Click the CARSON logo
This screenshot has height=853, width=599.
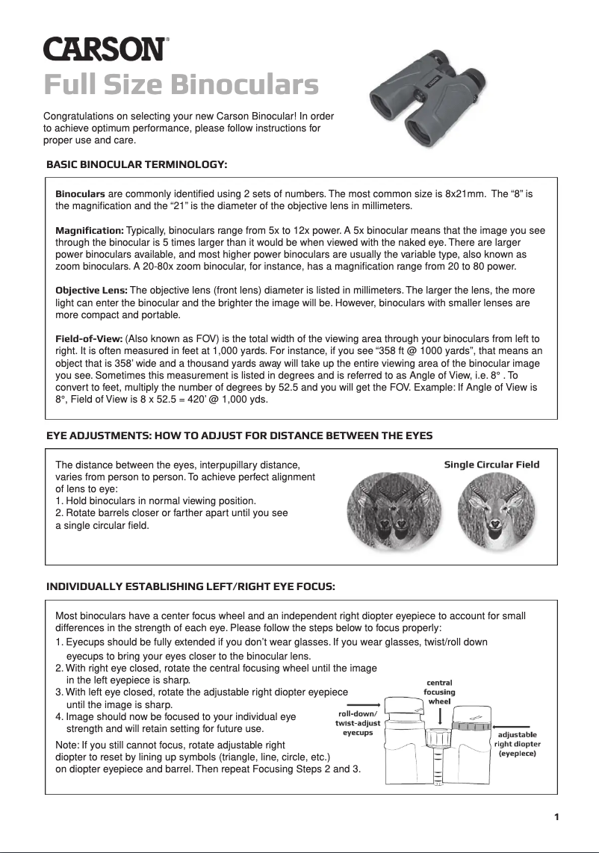(105, 49)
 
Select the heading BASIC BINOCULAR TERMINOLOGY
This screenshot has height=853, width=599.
(137, 164)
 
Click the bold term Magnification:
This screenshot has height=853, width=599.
(90, 232)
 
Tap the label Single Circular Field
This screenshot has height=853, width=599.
(491, 465)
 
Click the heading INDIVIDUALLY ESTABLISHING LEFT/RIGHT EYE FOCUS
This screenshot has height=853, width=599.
(190, 587)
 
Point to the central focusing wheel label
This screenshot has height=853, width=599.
(440, 692)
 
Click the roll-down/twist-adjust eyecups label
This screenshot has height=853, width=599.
(358, 723)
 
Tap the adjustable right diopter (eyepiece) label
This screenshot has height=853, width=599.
(517, 744)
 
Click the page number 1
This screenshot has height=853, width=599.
(556, 816)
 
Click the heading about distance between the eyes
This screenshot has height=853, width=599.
(239, 435)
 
